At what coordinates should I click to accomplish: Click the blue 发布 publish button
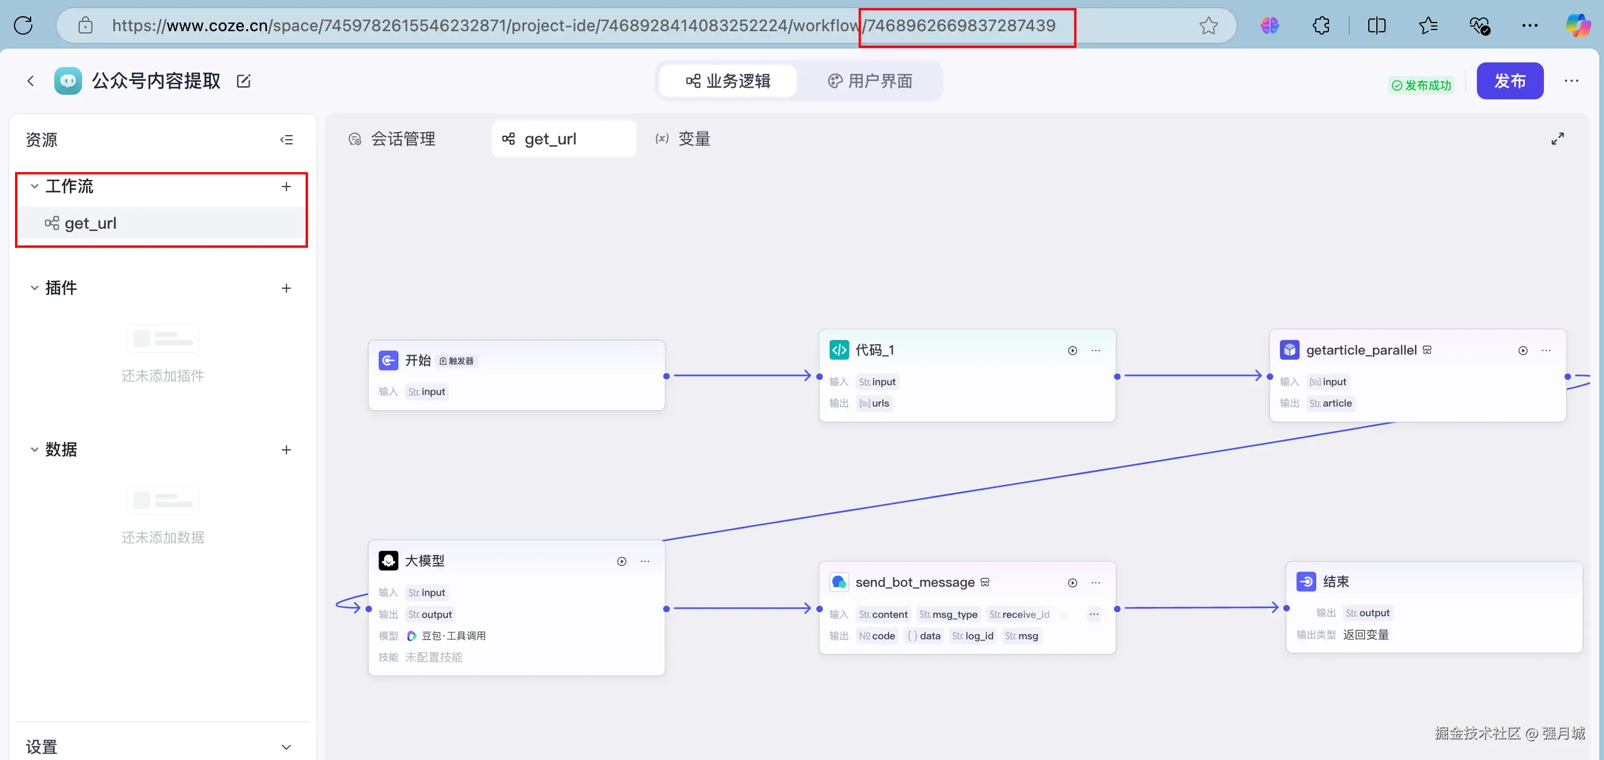coord(1509,81)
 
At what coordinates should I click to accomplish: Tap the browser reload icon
coord(24,25)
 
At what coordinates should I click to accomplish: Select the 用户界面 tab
coord(870,81)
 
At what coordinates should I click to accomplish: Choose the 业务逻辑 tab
coord(728,81)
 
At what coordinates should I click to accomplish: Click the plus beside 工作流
coord(287,186)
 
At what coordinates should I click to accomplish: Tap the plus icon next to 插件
coord(287,288)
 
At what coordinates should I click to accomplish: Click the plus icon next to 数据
coord(287,449)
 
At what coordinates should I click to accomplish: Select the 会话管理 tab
coord(392,139)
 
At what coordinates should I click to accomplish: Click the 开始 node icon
coord(388,360)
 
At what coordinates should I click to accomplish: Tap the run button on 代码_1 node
coord(1072,351)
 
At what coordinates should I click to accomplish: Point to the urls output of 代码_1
coord(874,403)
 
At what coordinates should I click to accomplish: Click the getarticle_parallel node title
coord(1361,350)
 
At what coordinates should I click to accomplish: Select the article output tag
coord(1331,403)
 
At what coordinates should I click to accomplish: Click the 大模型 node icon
coord(388,560)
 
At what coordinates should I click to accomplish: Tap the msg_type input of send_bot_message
coord(948,614)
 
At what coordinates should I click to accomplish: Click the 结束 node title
coord(1336,582)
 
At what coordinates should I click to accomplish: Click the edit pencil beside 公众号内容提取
coord(243,81)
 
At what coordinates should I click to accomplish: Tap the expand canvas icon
coord(1557,139)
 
